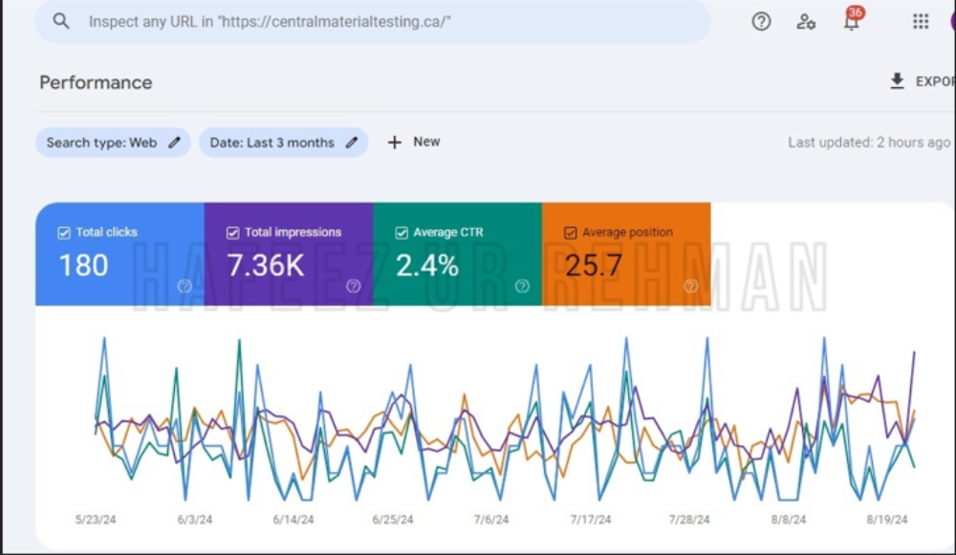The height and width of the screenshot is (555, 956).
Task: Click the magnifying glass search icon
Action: click(x=61, y=21)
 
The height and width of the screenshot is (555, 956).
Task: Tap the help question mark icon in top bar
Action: click(x=761, y=21)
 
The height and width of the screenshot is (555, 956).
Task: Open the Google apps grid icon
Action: click(x=921, y=21)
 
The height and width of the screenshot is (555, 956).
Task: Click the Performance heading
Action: click(x=96, y=82)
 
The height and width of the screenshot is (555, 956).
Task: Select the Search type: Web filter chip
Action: click(x=113, y=143)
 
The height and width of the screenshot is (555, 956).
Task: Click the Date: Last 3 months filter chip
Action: click(x=284, y=143)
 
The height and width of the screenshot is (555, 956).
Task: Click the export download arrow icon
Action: click(x=897, y=81)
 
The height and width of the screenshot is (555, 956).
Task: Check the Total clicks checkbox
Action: click(x=64, y=233)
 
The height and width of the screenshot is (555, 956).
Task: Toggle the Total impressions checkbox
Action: click(x=233, y=233)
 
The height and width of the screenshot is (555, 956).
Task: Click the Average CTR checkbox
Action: click(x=402, y=233)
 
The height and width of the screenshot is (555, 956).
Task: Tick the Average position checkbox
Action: click(x=571, y=233)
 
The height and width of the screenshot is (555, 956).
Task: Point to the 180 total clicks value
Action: click(x=83, y=266)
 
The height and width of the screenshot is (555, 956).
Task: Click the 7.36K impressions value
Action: click(x=266, y=266)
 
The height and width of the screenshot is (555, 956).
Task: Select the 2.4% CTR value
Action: click(x=427, y=266)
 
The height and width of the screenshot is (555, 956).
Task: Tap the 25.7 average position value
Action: click(x=594, y=266)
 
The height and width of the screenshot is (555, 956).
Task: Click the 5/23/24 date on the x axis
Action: click(x=96, y=520)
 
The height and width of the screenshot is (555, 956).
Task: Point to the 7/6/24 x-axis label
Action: click(x=491, y=520)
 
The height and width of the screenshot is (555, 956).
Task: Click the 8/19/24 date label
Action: click(x=887, y=520)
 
